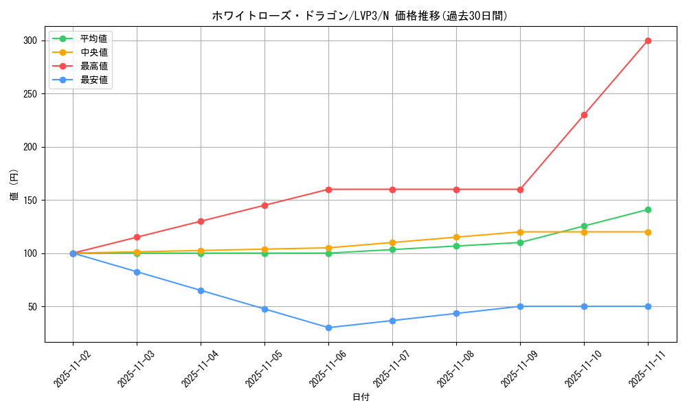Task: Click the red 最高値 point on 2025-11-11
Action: pos(648,41)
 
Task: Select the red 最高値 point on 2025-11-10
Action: pos(584,115)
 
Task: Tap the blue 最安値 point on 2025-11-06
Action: pos(328,328)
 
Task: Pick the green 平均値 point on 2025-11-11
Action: pos(648,209)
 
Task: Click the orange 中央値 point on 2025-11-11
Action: pos(648,232)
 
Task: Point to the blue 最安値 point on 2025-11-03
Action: pos(137,272)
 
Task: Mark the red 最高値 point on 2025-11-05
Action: pos(264,205)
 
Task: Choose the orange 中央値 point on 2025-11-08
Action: pos(456,237)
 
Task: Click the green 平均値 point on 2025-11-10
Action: pos(584,226)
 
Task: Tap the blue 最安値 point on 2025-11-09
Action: pos(520,306)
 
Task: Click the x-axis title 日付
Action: pos(361,398)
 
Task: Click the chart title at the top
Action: pos(360,16)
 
